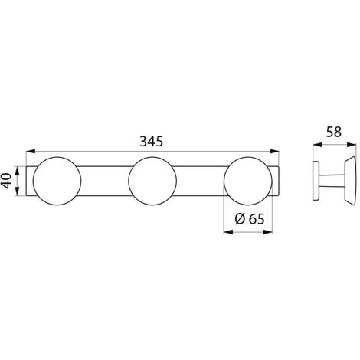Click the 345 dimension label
151,141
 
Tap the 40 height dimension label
6,181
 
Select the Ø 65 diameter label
250,219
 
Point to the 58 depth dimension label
334,132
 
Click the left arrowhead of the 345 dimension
31,152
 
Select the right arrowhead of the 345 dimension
274,152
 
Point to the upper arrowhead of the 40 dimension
17,171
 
